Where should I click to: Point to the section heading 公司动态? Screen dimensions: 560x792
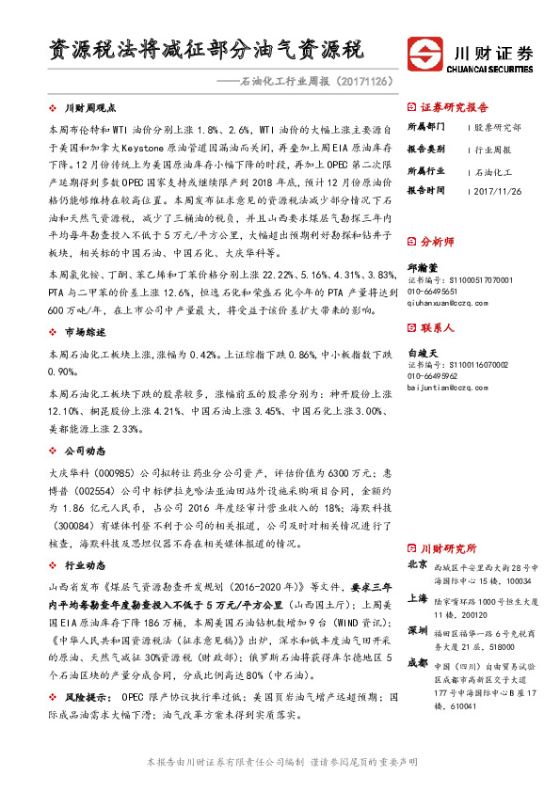tap(86, 451)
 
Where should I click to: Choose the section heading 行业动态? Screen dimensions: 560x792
tap(86, 567)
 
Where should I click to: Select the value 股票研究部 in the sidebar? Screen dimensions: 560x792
tap(497, 127)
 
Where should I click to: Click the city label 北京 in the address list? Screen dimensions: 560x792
tap(418, 566)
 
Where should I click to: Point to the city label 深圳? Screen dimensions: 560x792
tap(418, 630)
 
